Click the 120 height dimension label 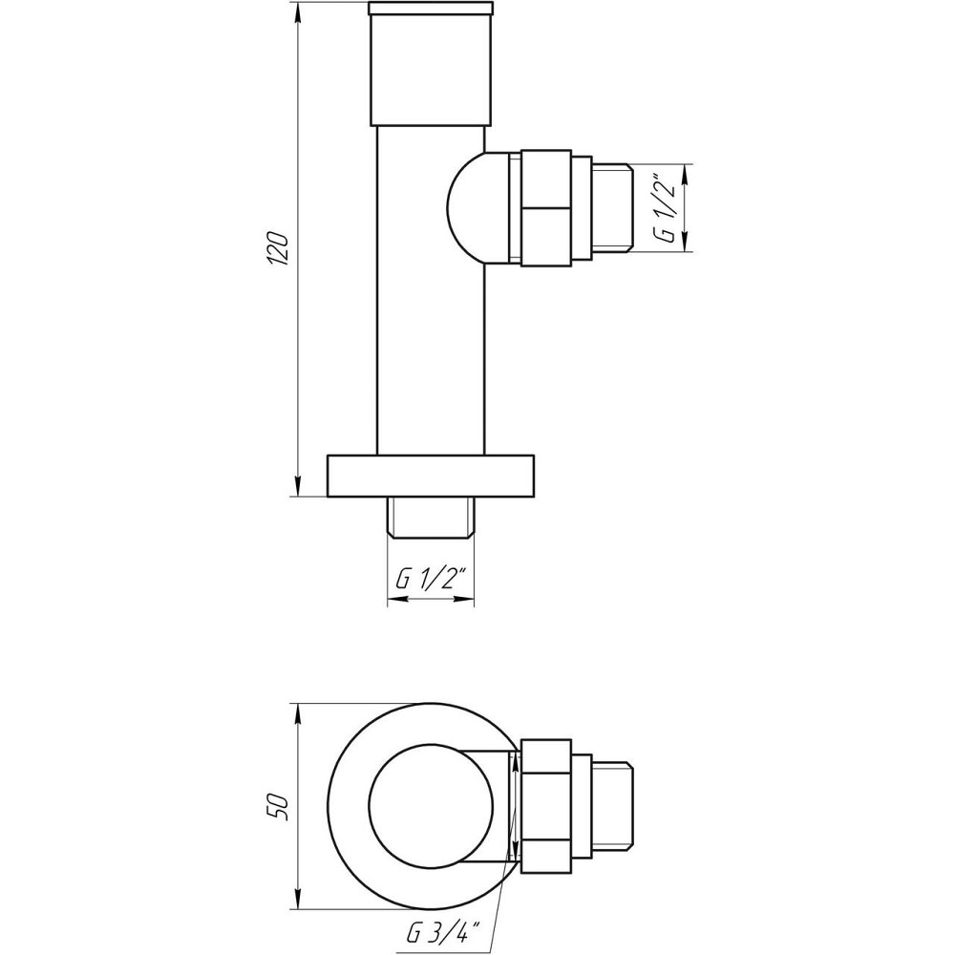279,249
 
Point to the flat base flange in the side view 431,476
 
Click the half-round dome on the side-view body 468,207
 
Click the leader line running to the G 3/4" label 497,898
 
